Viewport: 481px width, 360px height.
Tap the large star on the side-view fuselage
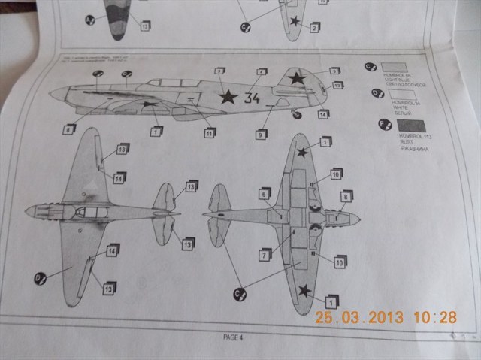[228, 95]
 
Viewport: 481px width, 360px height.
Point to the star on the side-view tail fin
[298, 77]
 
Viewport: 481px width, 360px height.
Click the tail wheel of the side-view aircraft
[297, 114]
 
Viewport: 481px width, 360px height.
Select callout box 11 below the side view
[210, 132]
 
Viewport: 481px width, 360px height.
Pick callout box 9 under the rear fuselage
[260, 135]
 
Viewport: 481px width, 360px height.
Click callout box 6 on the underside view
[265, 194]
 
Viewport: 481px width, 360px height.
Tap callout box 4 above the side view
[262, 73]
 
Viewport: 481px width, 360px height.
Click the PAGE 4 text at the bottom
[235, 336]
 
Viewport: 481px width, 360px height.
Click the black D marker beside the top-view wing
[39, 278]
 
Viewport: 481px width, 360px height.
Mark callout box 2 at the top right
[314, 27]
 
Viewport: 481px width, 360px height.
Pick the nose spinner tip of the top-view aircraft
[27, 211]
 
